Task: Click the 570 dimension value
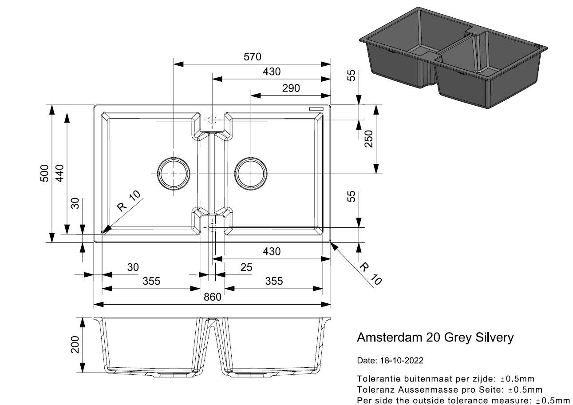252,57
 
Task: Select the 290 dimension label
291,88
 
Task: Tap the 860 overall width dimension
213,297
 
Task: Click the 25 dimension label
245,267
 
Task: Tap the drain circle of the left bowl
173,173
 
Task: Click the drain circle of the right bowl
252,173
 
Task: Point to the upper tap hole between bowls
212,120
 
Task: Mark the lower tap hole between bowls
212,227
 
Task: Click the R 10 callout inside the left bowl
128,201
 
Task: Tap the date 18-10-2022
401,361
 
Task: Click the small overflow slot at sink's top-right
317,109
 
